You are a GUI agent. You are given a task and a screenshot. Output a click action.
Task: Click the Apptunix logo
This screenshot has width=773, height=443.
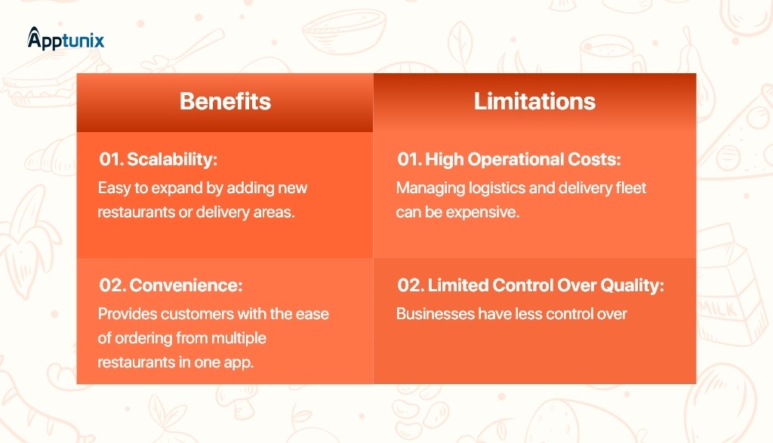point(66,39)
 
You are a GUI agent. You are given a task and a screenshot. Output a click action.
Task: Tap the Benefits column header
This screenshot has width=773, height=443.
point(225,102)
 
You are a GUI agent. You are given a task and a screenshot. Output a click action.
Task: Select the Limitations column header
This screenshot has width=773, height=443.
point(534,102)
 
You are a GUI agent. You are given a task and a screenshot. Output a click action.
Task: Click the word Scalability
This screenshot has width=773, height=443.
point(172,160)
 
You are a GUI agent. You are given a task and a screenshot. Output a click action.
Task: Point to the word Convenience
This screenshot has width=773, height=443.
point(186,285)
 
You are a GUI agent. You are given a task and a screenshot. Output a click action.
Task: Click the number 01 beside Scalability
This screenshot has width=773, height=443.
point(112,160)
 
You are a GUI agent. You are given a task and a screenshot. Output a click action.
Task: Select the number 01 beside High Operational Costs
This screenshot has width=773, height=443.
point(410,160)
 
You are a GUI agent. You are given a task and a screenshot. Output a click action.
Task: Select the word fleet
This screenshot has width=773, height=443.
point(630,188)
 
